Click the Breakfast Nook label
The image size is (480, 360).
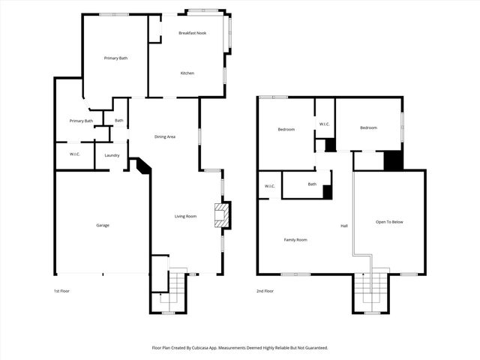coord(192,33)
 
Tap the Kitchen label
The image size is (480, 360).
coord(187,73)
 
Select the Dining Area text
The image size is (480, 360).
coord(165,136)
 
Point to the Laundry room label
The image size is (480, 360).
coord(112,155)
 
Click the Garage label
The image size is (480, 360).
coord(103,225)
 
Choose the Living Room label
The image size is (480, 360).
coord(185,216)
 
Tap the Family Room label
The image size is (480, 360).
coord(295,240)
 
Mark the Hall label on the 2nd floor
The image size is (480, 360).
coord(344,226)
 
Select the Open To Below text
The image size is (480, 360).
coord(389,222)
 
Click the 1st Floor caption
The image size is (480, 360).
coord(62,290)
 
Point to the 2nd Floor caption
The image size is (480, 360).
coord(265,290)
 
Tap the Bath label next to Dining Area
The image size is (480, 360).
coord(119,121)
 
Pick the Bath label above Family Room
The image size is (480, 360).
coord(312,184)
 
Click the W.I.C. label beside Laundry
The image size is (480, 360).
coord(65,155)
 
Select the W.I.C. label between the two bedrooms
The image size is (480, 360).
coord(324,124)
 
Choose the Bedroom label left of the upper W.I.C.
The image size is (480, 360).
coord(286,130)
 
